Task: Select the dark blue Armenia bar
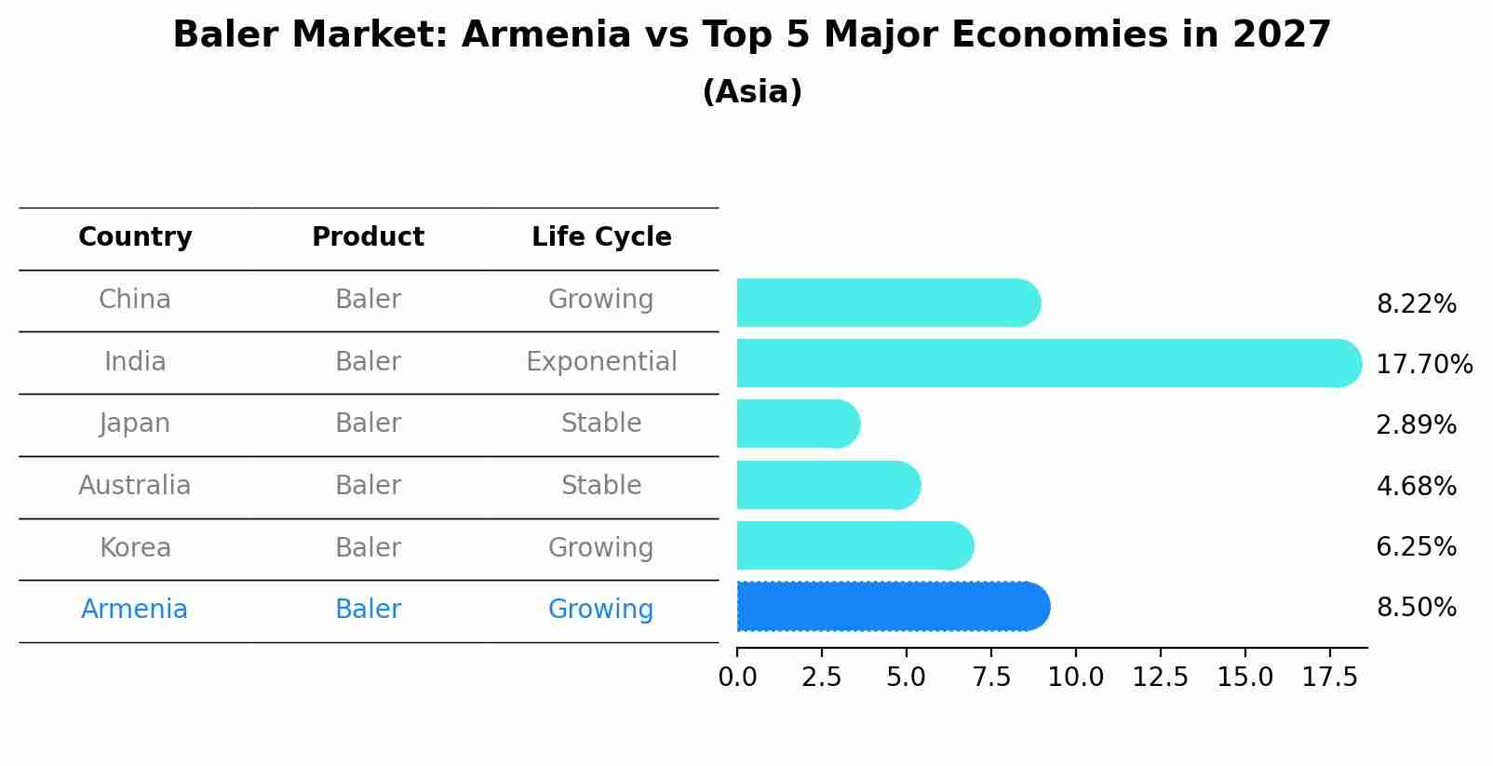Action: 892,607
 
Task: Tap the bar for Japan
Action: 797,424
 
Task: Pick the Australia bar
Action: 827,485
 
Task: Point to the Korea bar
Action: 854,545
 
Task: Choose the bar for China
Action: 887,302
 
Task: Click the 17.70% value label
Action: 1424,364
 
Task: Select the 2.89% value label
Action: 1416,425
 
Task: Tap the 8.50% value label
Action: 1416,608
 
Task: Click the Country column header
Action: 135,237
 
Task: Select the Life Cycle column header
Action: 601,237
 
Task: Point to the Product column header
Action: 368,237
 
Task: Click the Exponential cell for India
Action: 601,361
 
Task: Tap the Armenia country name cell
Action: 135,609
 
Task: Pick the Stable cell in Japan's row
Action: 601,423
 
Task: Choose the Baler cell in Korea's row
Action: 368,547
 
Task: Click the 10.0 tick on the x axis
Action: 1076,677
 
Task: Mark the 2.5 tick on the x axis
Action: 822,677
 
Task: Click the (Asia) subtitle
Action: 752,92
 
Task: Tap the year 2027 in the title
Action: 1282,35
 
